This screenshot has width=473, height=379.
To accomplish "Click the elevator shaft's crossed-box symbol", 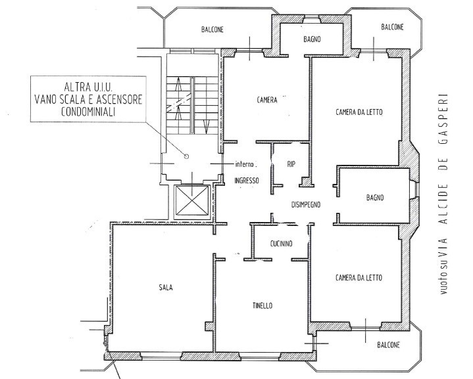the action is pos(192,200).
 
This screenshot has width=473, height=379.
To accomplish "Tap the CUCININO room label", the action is pos(281,244).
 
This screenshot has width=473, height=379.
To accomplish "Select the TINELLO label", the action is pos(262,306).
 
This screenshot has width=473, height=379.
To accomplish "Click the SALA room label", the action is pos(166,288).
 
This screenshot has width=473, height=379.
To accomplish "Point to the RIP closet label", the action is pos(291,164).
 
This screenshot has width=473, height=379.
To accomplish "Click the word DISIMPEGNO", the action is pos(306,204).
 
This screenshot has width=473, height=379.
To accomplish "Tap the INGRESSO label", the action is pos(247,181).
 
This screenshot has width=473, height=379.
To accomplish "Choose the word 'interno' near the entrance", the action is pos(245,164).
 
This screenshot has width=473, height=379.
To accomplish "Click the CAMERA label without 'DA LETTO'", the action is pos(267,100).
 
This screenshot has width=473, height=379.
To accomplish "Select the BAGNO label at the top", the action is pos(312,39).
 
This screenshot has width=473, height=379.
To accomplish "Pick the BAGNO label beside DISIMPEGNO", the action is pos(375,198).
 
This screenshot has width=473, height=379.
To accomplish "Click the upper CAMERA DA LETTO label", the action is pos(359,112).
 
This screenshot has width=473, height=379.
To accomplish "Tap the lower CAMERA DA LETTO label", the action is pos(359,277).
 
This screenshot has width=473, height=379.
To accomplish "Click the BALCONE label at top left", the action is pos(212,30).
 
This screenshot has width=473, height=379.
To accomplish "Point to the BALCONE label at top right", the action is pos(392,27).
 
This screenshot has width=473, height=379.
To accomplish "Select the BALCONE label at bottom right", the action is pos(389,345).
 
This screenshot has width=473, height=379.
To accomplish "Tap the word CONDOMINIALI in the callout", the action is pos(88,112).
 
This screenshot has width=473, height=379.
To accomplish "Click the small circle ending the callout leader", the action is pos(186,156).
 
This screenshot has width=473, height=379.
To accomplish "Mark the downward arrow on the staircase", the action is pos(207,127).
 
